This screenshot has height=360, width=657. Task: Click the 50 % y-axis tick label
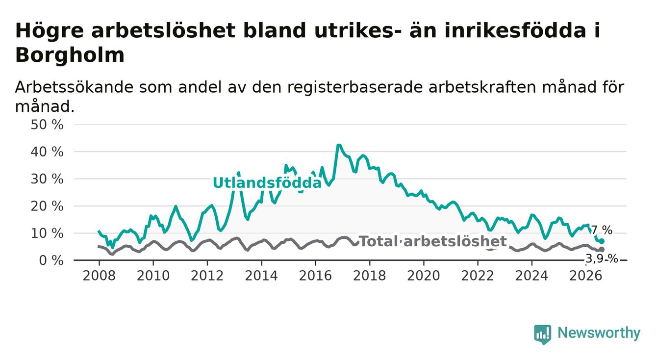click(47, 125)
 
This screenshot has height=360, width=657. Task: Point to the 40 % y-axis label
click(47, 152)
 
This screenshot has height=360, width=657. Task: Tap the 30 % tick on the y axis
click(47, 179)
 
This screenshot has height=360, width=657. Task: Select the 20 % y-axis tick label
click(47, 206)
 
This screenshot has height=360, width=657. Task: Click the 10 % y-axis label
click(47, 233)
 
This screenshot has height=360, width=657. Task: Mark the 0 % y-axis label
click(51, 260)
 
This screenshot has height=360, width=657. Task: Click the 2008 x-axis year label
click(99, 276)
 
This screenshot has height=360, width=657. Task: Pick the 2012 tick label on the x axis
click(207, 276)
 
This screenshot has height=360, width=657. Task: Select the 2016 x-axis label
click(315, 276)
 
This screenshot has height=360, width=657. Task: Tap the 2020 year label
click(424, 276)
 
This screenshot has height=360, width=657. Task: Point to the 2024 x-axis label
click(532, 276)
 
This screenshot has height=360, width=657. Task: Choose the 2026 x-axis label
click(586, 276)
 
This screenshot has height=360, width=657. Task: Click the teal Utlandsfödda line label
click(267, 183)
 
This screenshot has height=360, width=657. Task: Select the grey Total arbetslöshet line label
click(432, 241)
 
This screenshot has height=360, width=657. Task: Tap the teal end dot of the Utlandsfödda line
click(602, 241)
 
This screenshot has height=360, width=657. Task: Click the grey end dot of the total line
click(602, 249)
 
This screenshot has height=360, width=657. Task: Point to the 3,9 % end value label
click(602, 259)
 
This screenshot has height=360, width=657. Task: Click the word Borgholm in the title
click(70, 55)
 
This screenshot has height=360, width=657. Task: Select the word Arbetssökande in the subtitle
click(74, 87)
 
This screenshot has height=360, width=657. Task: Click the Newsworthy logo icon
click(543, 334)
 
